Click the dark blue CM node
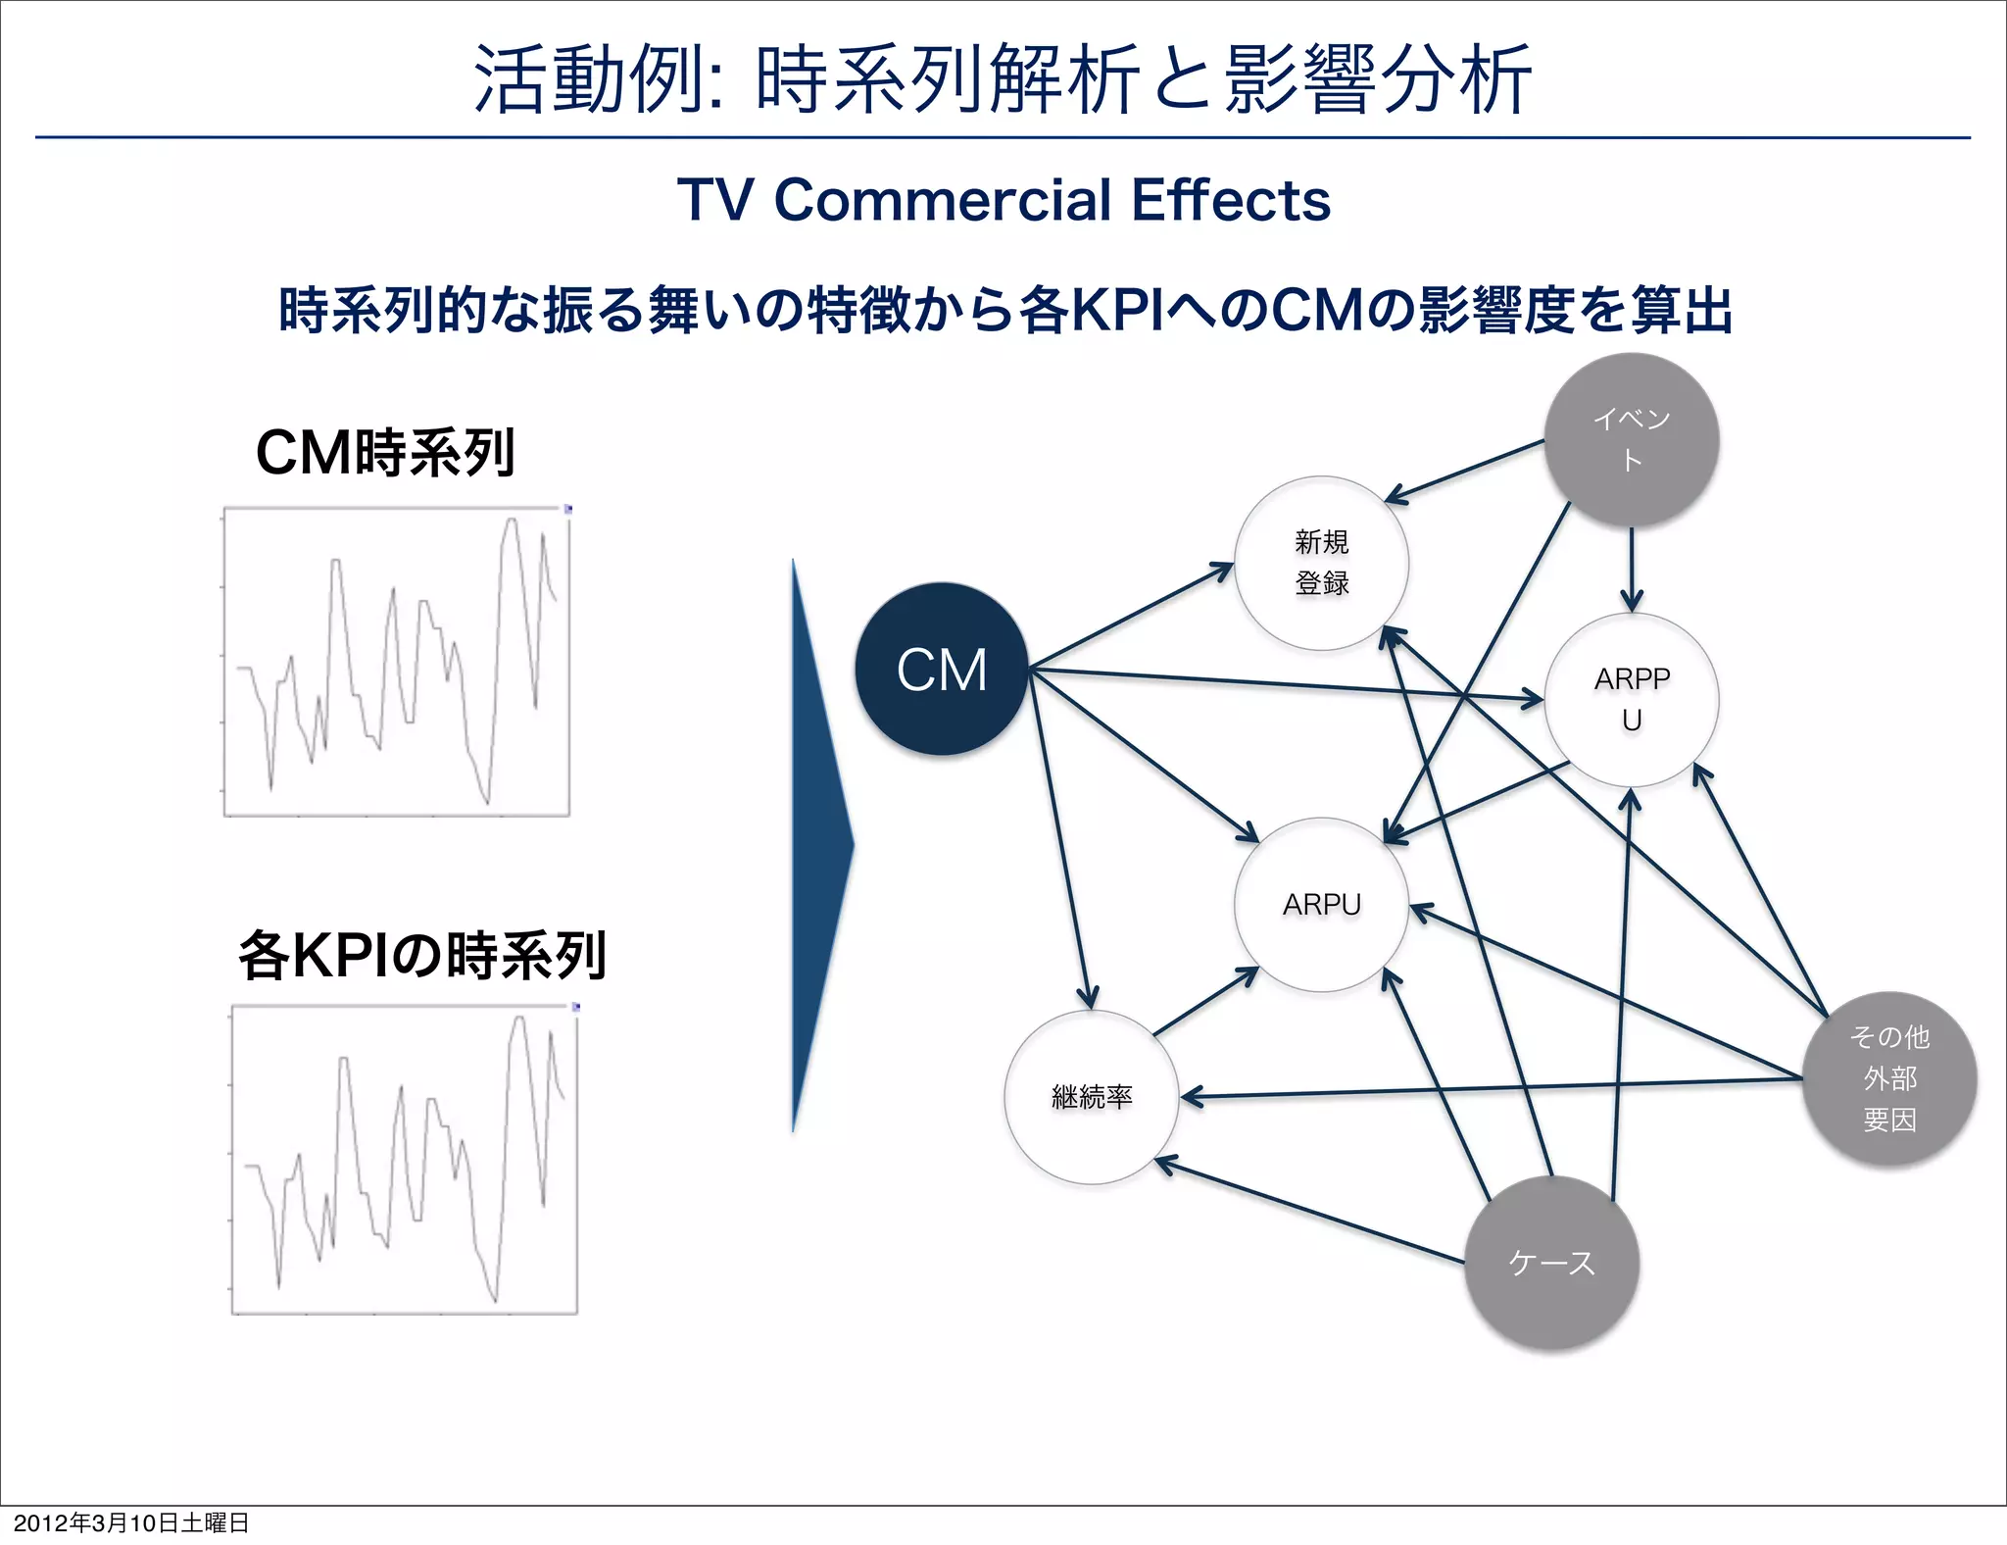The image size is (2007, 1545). [x=941, y=670]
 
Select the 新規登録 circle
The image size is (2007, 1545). [x=1321, y=563]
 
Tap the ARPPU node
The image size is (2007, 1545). [x=1631, y=700]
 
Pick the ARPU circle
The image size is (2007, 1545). [x=1321, y=904]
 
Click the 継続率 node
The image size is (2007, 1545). [x=1091, y=1096]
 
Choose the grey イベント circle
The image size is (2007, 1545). [x=1631, y=439]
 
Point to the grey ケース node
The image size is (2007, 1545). [x=1551, y=1263]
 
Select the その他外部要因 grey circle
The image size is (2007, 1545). [x=1888, y=1078]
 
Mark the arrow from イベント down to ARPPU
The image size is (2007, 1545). [x=1631, y=569]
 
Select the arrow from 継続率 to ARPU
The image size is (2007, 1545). [x=1205, y=1001]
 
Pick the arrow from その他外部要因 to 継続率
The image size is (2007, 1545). [x=1490, y=1088]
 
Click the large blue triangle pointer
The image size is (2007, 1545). [x=819, y=845]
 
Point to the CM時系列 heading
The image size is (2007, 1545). [x=384, y=453]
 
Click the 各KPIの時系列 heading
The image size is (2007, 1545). [x=421, y=956]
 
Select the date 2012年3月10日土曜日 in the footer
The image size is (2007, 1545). [x=130, y=1522]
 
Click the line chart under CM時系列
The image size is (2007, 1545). [x=396, y=662]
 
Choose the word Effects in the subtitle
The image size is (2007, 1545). [x=1231, y=200]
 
